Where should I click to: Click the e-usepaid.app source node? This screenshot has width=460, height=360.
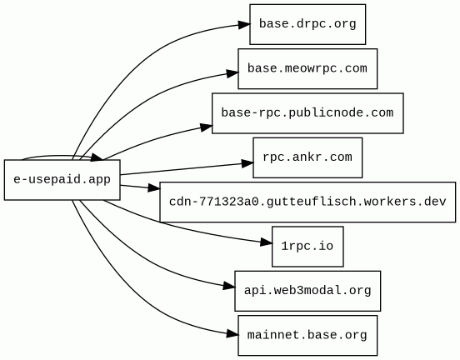[x=62, y=180]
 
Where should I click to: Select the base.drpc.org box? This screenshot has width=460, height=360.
[x=307, y=24]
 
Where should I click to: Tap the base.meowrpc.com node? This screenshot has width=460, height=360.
[x=307, y=68]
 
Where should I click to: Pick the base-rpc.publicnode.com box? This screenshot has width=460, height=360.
[x=307, y=113]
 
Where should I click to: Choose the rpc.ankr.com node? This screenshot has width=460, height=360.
[x=307, y=157]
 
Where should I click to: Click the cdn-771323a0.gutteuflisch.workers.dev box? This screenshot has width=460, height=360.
[x=307, y=202]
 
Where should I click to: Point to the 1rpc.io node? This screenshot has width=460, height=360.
[x=307, y=247]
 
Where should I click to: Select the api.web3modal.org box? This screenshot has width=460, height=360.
[x=307, y=291]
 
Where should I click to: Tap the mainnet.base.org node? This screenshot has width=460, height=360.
[x=307, y=335]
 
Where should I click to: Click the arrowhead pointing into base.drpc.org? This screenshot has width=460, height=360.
[x=244, y=25]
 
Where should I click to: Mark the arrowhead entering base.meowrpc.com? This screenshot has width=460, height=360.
[x=232, y=73]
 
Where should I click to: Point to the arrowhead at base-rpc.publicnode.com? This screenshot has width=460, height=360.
[x=207, y=127]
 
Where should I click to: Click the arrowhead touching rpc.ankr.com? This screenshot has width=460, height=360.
[x=247, y=163]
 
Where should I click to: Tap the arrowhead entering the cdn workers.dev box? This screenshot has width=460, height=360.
[x=154, y=187]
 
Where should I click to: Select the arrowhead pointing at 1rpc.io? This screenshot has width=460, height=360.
[x=267, y=242]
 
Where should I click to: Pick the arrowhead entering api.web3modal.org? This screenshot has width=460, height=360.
[x=229, y=286]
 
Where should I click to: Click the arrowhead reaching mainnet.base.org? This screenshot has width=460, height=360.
[x=232, y=333]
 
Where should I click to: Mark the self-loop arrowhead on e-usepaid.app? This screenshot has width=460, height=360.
[x=97, y=157]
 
